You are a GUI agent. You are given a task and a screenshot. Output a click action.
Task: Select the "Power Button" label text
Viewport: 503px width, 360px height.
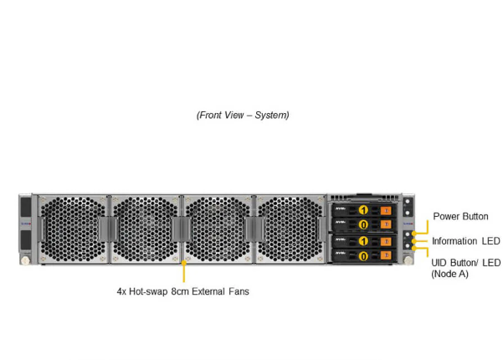460,216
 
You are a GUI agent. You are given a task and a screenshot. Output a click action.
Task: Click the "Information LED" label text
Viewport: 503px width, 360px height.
465,241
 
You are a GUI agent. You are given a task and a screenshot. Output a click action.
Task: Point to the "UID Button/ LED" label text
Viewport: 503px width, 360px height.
465,262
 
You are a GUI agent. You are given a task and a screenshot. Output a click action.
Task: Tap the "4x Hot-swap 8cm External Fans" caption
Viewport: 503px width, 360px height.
182,292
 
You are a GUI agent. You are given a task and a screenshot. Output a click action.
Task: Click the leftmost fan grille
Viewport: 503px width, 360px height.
74,229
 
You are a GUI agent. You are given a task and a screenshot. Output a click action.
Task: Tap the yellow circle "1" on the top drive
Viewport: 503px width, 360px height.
364,209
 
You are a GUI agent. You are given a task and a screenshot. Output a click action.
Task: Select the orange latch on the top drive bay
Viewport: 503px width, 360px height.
385,210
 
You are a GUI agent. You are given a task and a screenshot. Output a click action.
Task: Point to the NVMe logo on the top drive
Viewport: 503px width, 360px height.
341,209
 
